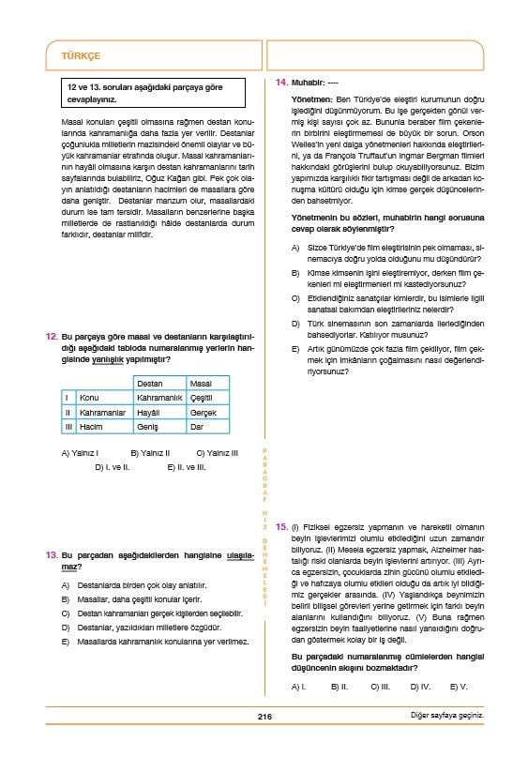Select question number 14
(x=281, y=83)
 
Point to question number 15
(x=281, y=528)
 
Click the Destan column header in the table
(x=150, y=384)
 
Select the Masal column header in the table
(x=201, y=384)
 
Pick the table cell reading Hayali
(x=150, y=412)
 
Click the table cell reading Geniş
(x=148, y=426)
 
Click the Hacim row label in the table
(x=89, y=426)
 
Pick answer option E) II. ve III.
(x=187, y=466)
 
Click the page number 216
(x=264, y=717)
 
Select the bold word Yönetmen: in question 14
(x=309, y=98)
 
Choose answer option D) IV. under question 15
(x=420, y=687)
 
